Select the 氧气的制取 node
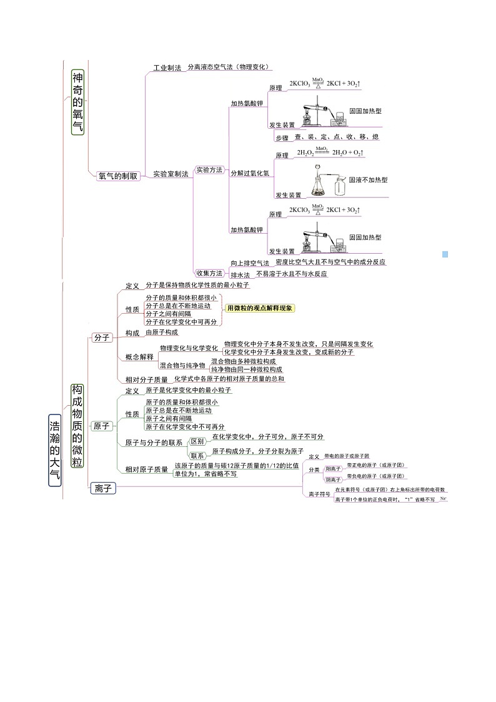tap(118, 176)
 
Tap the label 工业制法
tap(167, 68)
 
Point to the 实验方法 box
tap(209, 169)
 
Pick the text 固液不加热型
tap(368, 179)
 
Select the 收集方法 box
tap(209, 273)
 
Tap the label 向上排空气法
tap(249, 263)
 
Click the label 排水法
tap(241, 274)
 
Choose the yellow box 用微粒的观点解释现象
tap(260, 308)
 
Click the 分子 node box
tap(101, 338)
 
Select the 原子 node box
tap(101, 426)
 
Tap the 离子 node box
tap(101, 488)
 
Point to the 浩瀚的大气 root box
tap(55, 449)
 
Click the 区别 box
tap(197, 441)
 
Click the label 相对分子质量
tap(146, 379)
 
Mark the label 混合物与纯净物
tap(182, 365)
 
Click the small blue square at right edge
tap(445, 254)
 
